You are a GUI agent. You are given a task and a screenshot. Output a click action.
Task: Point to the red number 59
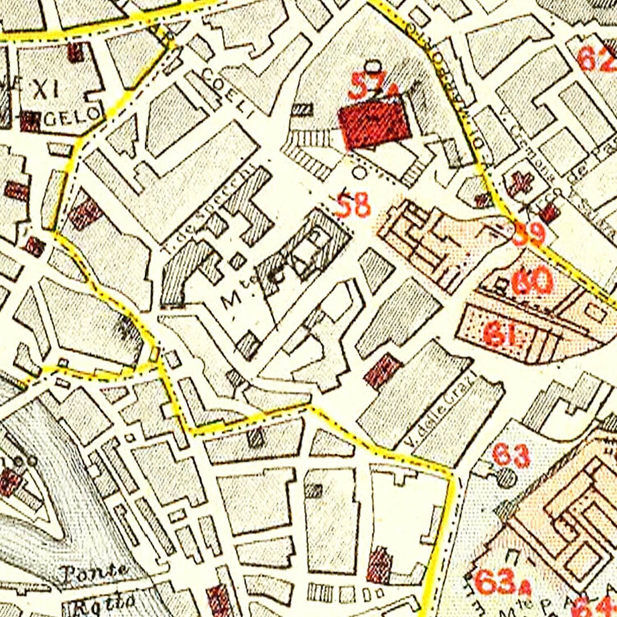(528, 234)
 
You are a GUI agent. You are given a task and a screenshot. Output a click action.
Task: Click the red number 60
(532, 281)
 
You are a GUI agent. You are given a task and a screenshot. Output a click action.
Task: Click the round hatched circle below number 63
(506, 477)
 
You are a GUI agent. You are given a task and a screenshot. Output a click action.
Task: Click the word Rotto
(101, 602)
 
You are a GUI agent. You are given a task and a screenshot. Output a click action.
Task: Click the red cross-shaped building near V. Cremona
(520, 182)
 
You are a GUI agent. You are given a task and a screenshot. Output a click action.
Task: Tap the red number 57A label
(374, 86)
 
